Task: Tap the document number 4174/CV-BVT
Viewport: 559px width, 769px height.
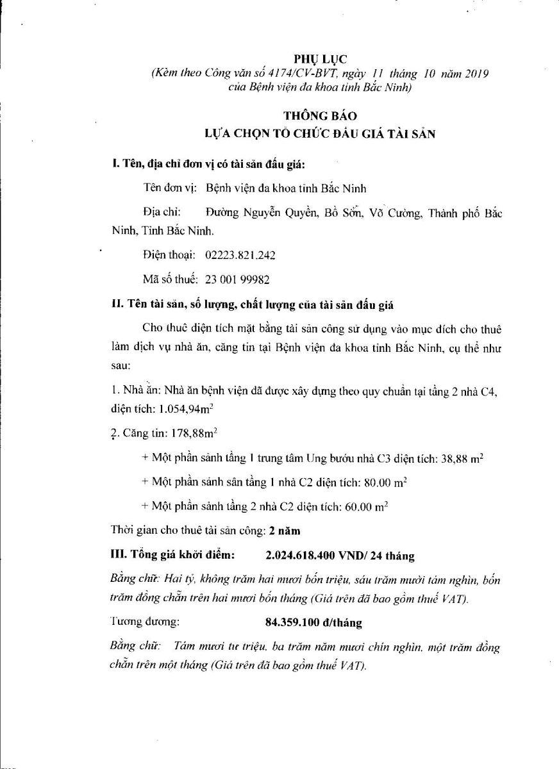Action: coord(293,74)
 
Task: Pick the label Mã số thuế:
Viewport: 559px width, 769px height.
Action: coord(171,279)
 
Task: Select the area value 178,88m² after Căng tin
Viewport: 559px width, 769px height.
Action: coord(194,434)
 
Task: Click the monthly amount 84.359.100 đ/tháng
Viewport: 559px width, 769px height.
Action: coord(313,622)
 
